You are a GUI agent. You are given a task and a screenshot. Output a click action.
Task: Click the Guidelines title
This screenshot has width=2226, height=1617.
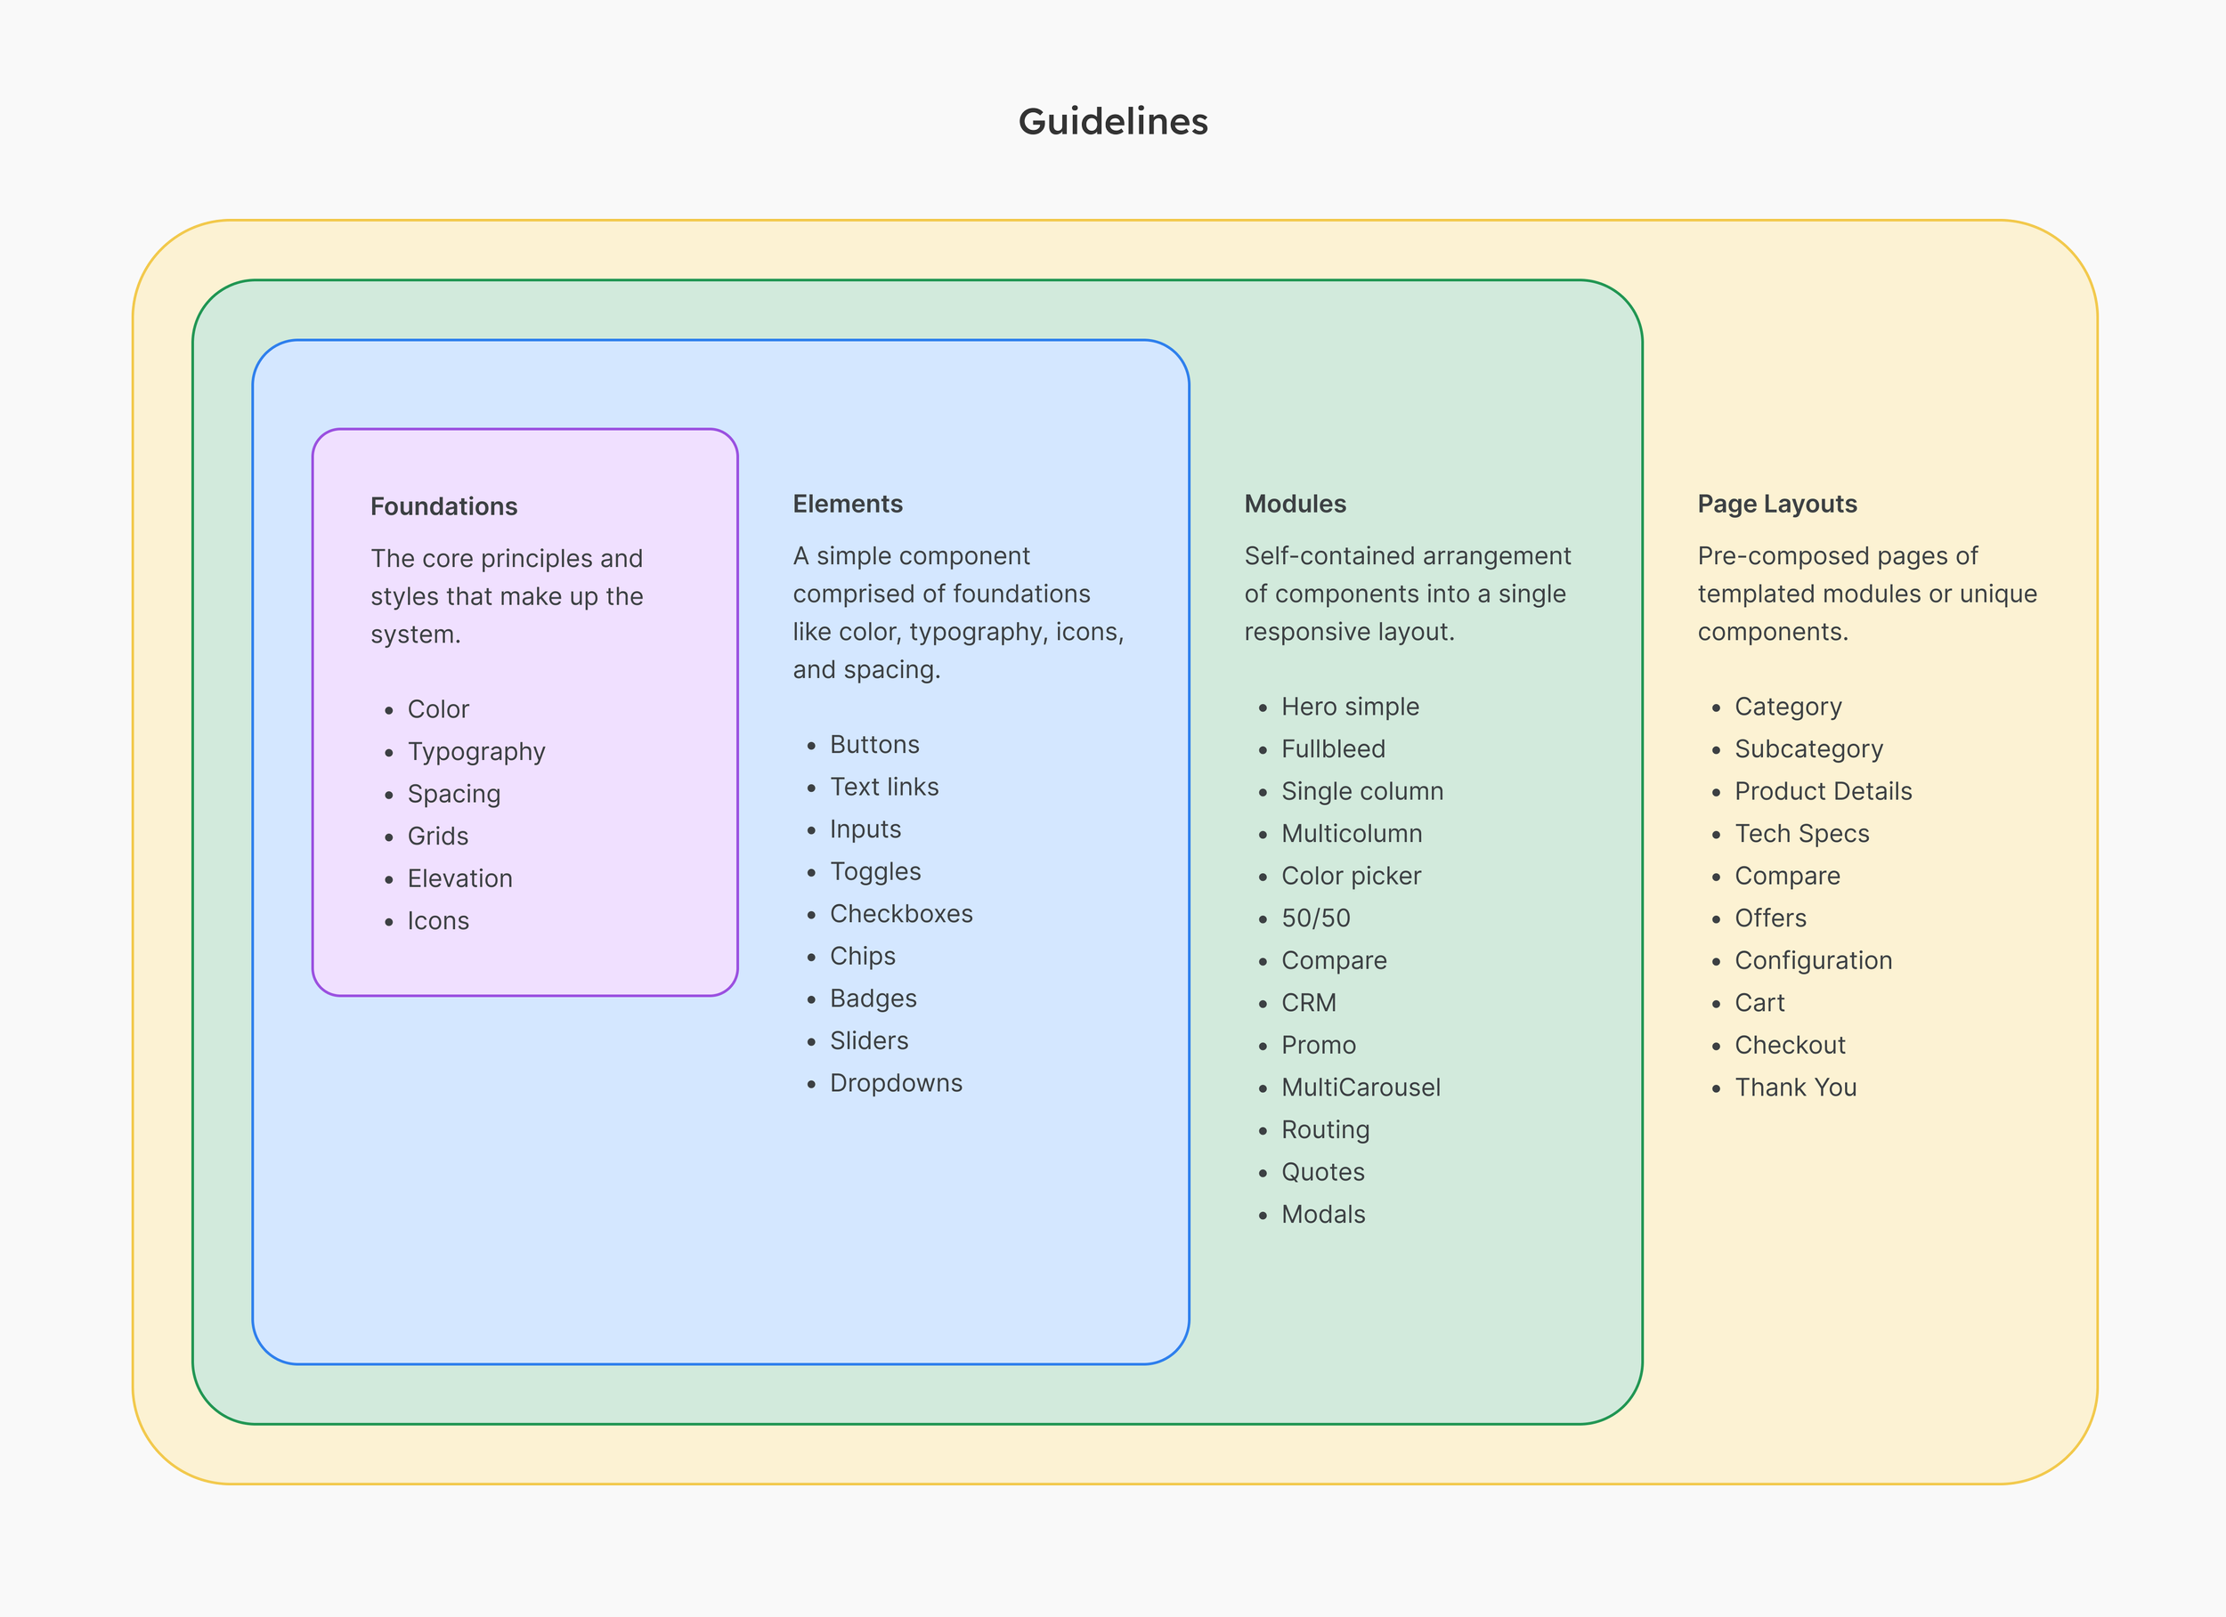(x=1113, y=122)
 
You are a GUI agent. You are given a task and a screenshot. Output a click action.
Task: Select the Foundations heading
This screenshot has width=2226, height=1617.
(x=443, y=506)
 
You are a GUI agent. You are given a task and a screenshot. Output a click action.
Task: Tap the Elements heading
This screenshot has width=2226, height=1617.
(x=848, y=504)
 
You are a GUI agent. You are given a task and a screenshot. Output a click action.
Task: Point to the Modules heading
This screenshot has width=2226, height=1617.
(x=1295, y=504)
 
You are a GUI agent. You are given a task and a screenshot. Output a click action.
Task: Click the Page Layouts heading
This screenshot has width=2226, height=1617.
(x=1776, y=504)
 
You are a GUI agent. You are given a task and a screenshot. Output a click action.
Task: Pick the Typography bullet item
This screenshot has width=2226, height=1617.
(x=476, y=752)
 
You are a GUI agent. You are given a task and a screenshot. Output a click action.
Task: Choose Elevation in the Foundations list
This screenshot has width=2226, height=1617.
(x=459, y=878)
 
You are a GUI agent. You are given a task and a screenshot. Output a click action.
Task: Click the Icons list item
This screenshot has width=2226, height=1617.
(x=438, y=920)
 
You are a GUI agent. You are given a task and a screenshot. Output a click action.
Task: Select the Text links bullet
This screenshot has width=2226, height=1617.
(x=883, y=787)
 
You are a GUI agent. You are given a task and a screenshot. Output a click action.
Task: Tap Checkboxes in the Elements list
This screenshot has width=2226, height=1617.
(x=901, y=913)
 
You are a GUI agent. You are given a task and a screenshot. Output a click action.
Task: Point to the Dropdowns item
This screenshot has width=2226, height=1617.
(x=896, y=1083)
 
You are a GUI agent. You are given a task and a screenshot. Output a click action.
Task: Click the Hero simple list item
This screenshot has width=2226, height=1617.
(x=1350, y=707)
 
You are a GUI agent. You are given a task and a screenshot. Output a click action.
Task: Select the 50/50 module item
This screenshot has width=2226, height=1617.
(x=1315, y=918)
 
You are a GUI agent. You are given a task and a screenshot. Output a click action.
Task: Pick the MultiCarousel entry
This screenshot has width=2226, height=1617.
(x=1361, y=1087)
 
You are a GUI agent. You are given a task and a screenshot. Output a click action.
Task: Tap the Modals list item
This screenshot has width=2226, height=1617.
(x=1323, y=1215)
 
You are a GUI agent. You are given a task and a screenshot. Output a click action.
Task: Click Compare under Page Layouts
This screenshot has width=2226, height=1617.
(x=1786, y=877)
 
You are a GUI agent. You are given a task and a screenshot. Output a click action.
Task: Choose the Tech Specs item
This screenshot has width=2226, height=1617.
(x=1801, y=834)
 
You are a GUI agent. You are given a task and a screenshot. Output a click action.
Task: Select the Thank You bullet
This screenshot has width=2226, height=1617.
(x=1795, y=1087)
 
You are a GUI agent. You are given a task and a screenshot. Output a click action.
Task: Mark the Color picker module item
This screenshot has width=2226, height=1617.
(x=1351, y=877)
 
